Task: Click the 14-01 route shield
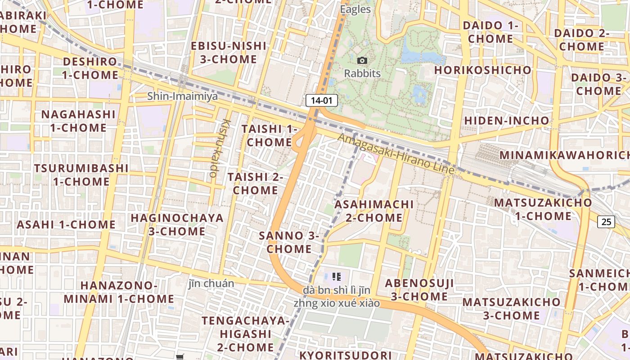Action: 321,100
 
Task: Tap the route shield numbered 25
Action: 606,221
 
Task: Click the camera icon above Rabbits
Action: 362,61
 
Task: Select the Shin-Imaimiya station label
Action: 183,96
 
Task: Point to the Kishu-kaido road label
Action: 219,148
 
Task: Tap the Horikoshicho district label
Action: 483,70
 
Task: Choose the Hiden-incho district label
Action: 507,121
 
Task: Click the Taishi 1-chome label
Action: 270,135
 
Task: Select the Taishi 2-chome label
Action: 255,184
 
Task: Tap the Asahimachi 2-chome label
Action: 374,211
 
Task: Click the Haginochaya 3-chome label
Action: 177,225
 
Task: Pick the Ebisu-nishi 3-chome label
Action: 229,53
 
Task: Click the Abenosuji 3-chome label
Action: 419,290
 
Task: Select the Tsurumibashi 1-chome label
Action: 81,175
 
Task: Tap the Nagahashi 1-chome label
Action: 78,121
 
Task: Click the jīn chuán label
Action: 211,283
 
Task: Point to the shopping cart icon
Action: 180,357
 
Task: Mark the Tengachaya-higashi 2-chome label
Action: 245,334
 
